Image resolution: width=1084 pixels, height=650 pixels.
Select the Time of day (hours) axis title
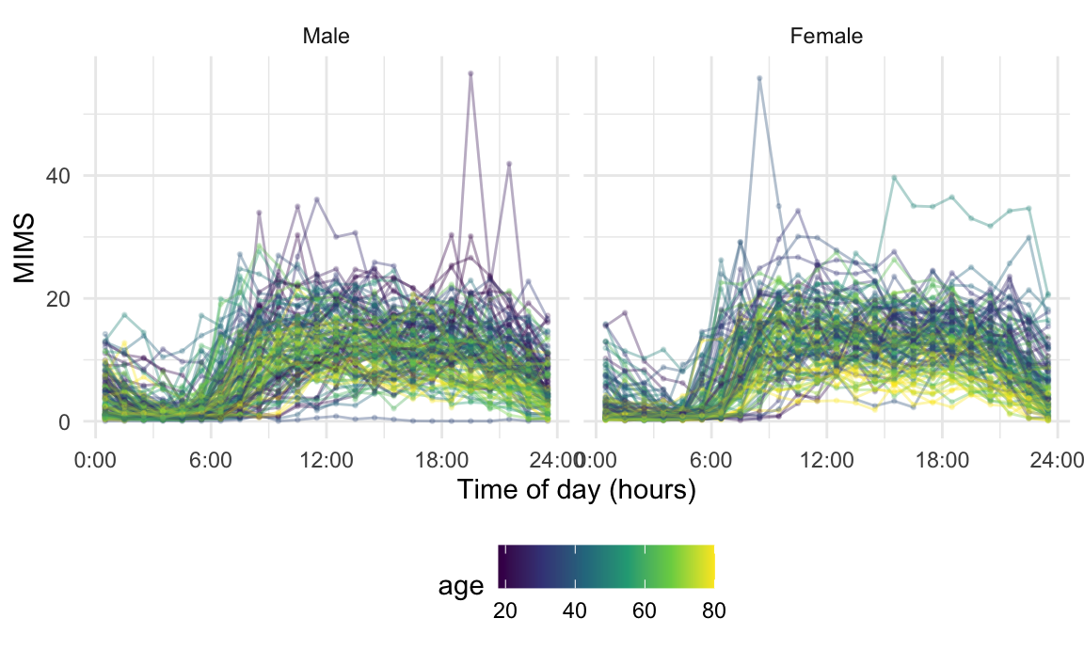(x=576, y=490)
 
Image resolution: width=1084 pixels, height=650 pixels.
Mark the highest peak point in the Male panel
(x=470, y=73)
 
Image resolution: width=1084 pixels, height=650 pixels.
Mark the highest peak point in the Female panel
(x=759, y=78)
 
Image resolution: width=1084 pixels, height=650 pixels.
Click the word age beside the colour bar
(x=461, y=587)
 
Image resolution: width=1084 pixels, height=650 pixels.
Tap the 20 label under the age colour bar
(x=505, y=610)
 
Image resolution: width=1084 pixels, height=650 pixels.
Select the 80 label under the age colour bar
(x=712, y=610)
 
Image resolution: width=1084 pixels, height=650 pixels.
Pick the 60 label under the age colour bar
(x=644, y=610)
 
